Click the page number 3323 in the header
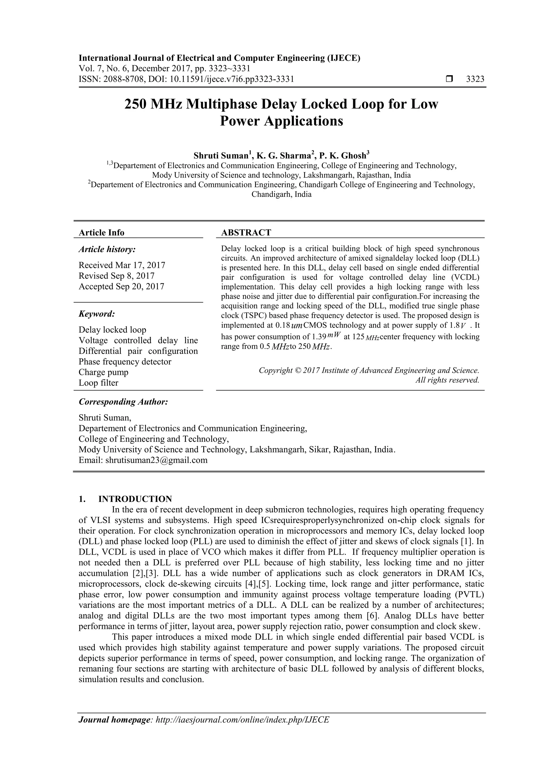click(475, 79)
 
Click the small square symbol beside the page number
click(449, 79)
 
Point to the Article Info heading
click(101, 233)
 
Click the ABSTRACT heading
click(246, 233)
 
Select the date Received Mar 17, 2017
click(122, 265)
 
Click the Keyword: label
click(97, 314)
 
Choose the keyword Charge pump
click(103, 372)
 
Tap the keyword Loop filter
click(98, 383)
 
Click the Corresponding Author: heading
click(123, 402)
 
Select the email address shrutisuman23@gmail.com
click(156, 460)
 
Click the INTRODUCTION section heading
click(135, 499)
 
